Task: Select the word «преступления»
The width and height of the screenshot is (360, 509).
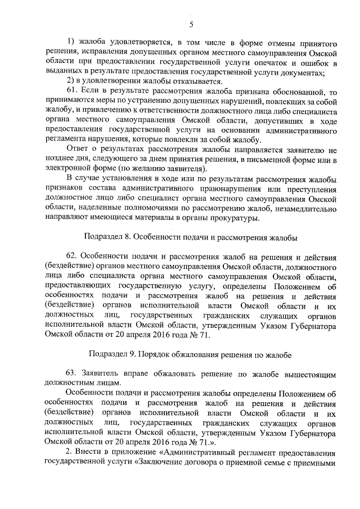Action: point(310,188)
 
